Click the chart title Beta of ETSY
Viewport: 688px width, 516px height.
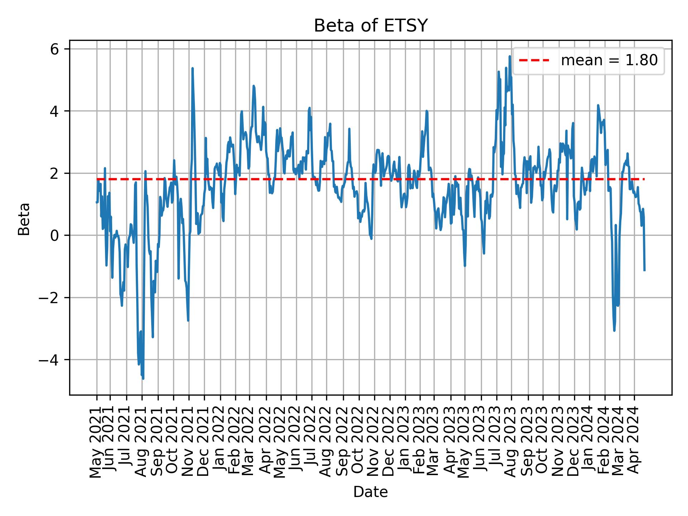(371, 26)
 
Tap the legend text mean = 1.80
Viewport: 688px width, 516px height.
(609, 61)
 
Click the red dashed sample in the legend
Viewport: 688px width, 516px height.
(534, 61)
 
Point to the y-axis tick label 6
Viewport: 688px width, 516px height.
(54, 49)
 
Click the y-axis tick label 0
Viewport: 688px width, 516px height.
(54, 236)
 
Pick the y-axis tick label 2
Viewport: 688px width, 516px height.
(54, 174)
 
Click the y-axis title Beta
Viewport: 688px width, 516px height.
(24, 219)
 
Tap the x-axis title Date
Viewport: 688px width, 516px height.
(371, 492)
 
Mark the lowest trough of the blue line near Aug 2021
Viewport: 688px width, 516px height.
(143, 378)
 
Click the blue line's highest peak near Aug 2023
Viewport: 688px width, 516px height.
(509, 56)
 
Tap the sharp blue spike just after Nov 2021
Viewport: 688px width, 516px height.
(192, 68)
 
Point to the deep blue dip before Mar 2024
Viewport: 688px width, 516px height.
(614, 330)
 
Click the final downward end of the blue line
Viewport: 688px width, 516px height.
(644, 270)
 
